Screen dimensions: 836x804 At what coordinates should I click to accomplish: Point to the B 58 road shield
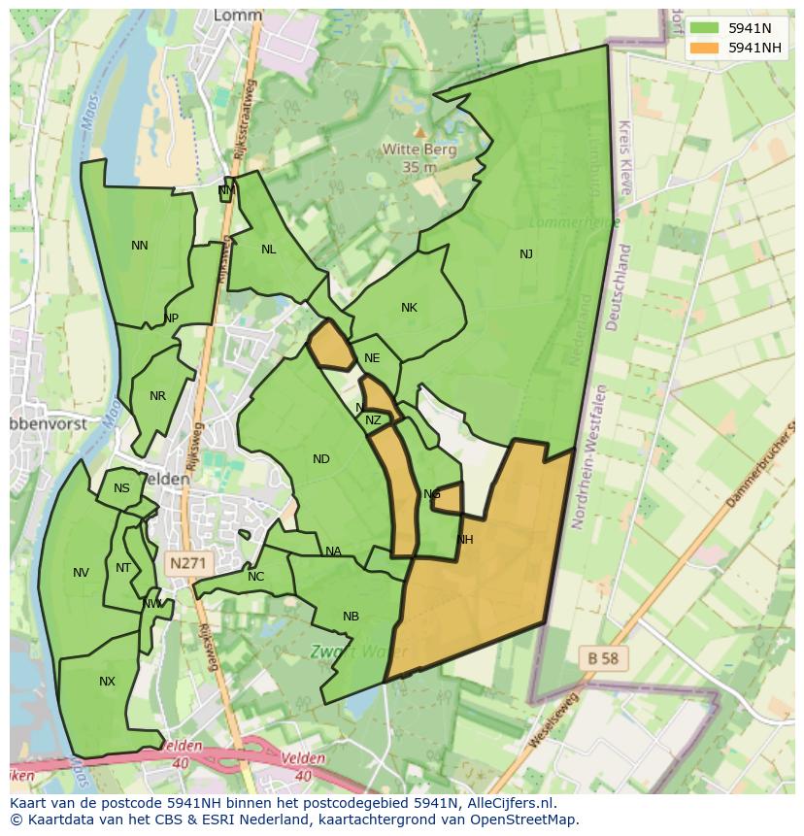pyautogui.click(x=603, y=658)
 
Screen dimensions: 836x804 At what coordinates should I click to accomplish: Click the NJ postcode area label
pyautogui.click(x=526, y=254)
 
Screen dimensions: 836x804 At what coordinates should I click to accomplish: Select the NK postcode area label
pyautogui.click(x=409, y=308)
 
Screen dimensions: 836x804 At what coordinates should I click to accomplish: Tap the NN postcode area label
pyautogui.click(x=140, y=246)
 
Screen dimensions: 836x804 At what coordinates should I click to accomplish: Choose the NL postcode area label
pyautogui.click(x=269, y=250)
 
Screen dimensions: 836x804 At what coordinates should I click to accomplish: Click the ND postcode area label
pyautogui.click(x=321, y=459)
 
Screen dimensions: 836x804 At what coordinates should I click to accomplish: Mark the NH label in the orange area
pyautogui.click(x=464, y=540)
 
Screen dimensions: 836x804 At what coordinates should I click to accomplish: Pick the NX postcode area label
pyautogui.click(x=107, y=682)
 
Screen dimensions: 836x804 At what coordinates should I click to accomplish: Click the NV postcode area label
pyautogui.click(x=81, y=573)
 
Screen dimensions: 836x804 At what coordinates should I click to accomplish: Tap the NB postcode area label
pyautogui.click(x=351, y=617)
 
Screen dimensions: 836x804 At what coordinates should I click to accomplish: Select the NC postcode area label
pyautogui.click(x=255, y=577)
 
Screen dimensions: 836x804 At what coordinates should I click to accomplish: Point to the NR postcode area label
pyautogui.click(x=157, y=396)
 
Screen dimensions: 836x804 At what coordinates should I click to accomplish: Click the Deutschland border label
pyautogui.click(x=618, y=287)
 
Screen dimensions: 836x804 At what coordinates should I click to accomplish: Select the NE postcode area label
pyautogui.click(x=372, y=358)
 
